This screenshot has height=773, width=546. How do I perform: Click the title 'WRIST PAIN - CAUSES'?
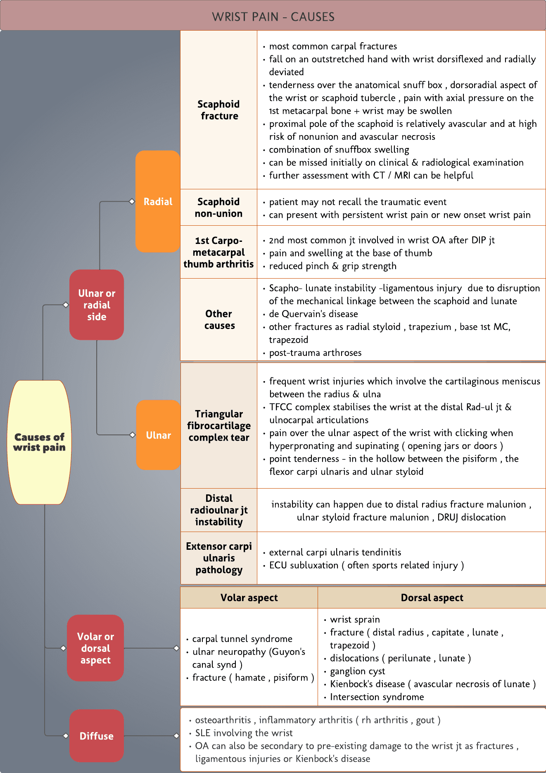[x=273, y=17]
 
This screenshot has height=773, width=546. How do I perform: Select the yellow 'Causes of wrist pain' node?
[x=39, y=442]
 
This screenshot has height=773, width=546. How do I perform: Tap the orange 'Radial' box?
[x=158, y=201]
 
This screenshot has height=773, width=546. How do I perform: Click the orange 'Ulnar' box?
[x=158, y=435]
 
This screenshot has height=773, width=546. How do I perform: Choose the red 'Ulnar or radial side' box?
[x=97, y=305]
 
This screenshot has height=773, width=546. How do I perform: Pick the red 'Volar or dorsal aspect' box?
[x=95, y=648]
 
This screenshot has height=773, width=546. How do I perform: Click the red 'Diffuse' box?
[x=96, y=736]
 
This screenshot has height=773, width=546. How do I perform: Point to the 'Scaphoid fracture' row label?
[x=219, y=110]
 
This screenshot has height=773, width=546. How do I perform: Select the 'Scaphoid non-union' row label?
[x=218, y=208]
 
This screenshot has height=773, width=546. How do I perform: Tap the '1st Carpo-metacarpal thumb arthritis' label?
[x=218, y=252]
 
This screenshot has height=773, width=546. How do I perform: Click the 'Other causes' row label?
[x=219, y=320]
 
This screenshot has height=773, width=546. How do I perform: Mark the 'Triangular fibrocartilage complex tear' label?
[x=219, y=425]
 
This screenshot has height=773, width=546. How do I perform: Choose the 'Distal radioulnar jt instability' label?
[x=219, y=510]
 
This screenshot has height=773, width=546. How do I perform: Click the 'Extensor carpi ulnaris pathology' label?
[x=219, y=558]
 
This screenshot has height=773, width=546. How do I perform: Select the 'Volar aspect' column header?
[x=249, y=597]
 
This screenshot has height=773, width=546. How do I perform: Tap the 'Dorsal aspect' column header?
[x=432, y=597]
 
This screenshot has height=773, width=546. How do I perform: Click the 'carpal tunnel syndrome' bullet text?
[x=242, y=639]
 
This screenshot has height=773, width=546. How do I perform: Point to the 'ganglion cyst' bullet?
[x=357, y=671]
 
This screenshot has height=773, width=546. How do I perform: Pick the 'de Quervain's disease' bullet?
[x=313, y=314]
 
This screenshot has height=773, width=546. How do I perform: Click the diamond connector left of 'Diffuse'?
[x=66, y=736]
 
